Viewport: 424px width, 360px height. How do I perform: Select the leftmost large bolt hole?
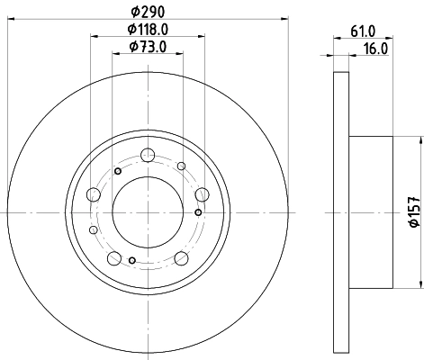coord(94,193)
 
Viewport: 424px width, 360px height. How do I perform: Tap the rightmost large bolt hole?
coord(200,192)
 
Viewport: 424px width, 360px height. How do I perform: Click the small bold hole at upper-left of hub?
coord(118,171)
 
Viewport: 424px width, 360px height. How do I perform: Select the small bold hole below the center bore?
coord(133,261)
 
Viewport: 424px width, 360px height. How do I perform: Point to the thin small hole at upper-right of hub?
coord(181,166)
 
